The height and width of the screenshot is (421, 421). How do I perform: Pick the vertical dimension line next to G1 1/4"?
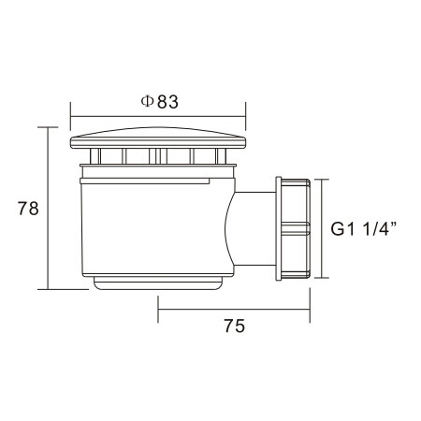[x=322, y=227]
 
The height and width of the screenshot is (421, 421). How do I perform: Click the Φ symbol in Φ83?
[x=148, y=102]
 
